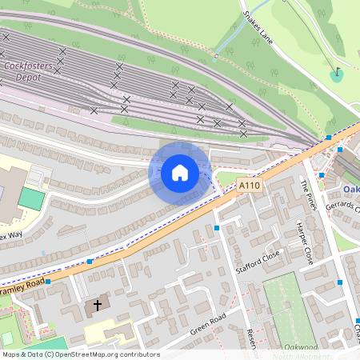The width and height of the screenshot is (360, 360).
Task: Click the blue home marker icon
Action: coord(180,172)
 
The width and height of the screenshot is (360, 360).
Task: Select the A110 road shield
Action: coord(250,186)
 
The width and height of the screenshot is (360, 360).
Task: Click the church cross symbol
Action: coord(98,305)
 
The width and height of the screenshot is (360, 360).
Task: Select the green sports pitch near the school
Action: coord(31,198)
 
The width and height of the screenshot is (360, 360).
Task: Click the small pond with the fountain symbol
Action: coord(337,75)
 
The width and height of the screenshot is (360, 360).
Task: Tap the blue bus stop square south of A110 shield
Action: coord(217,228)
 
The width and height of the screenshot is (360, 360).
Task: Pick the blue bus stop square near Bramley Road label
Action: coord(48,282)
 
